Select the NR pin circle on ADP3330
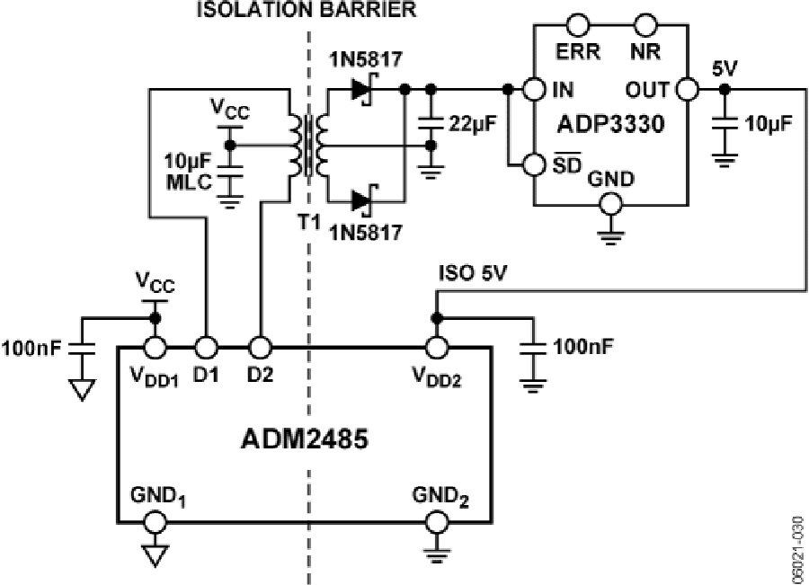pos(644,22)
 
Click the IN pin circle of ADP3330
pos(535,89)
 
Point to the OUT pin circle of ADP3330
pos(688,89)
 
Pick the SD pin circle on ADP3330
pos(535,164)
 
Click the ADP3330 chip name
pos(611,124)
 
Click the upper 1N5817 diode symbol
pos(364,89)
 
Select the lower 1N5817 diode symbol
pos(364,200)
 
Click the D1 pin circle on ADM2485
pos(207,346)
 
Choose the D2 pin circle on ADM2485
pos(260,346)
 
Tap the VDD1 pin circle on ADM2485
pos(155,346)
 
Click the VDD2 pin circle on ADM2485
pos(438,346)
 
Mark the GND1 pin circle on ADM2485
pos(155,521)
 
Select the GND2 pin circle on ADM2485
pos(438,521)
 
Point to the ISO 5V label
pos(472,272)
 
